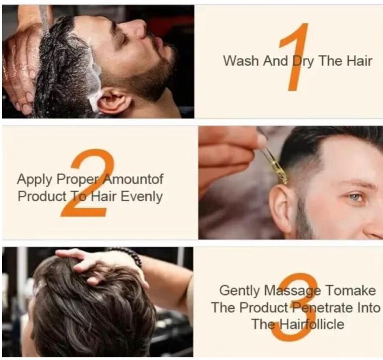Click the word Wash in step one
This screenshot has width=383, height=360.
pyautogui.click(x=241, y=61)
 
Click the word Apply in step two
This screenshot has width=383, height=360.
pyautogui.click(x=34, y=179)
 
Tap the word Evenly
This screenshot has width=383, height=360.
pyautogui.click(x=142, y=197)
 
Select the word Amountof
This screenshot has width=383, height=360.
pyautogui.click(x=133, y=179)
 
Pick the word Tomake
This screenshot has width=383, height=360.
pyautogui.click(x=351, y=291)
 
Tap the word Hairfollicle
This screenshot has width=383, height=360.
pyautogui.click(x=311, y=324)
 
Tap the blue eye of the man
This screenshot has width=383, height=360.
pyautogui.click(x=355, y=196)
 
